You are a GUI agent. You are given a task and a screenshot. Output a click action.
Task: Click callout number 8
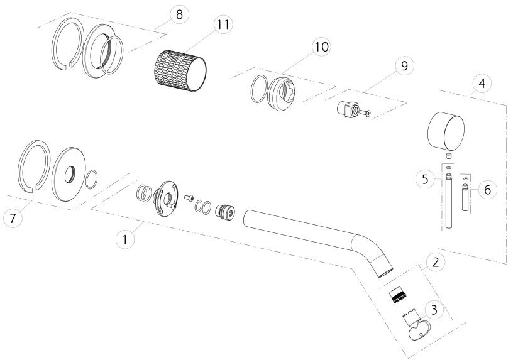click(179, 14)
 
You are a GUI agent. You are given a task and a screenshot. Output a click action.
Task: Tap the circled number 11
click(223, 25)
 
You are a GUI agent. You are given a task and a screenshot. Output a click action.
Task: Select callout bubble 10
click(321, 47)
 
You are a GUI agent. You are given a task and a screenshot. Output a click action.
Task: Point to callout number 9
click(404, 66)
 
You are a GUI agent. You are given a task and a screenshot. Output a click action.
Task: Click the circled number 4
click(482, 83)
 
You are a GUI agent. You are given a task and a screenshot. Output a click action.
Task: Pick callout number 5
click(425, 179)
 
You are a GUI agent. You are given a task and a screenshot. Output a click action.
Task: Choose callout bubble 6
click(487, 190)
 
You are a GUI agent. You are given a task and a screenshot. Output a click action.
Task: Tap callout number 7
click(13, 218)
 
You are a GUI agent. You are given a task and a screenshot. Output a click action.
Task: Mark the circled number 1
click(125, 239)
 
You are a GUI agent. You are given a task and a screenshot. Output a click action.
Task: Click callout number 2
click(436, 262)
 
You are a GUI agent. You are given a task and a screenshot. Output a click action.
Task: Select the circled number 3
click(434, 310)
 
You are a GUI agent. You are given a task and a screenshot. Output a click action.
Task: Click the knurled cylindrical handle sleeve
click(180, 70)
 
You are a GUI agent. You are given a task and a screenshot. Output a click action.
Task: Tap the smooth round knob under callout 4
click(446, 131)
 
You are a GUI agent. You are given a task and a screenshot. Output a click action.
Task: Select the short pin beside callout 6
click(465, 197)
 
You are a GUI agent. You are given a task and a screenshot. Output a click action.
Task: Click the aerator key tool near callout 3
click(415, 325)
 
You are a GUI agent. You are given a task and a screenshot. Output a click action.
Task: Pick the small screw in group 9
click(365, 113)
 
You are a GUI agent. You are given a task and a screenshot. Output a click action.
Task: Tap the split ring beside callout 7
click(34, 166)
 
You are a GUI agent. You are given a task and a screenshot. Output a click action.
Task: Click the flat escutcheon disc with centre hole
click(69, 174)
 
